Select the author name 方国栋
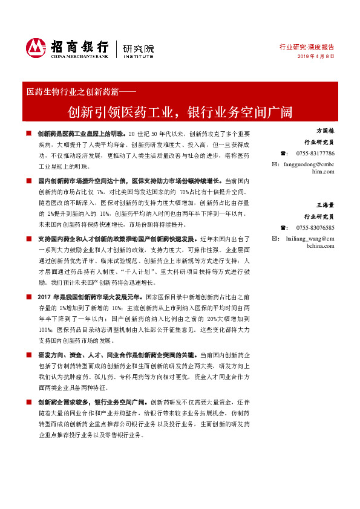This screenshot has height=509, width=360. point(325,131)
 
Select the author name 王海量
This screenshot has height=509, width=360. point(325,205)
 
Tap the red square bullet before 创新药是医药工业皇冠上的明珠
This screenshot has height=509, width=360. point(28,133)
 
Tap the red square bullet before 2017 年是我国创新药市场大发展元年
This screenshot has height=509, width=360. point(28,297)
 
